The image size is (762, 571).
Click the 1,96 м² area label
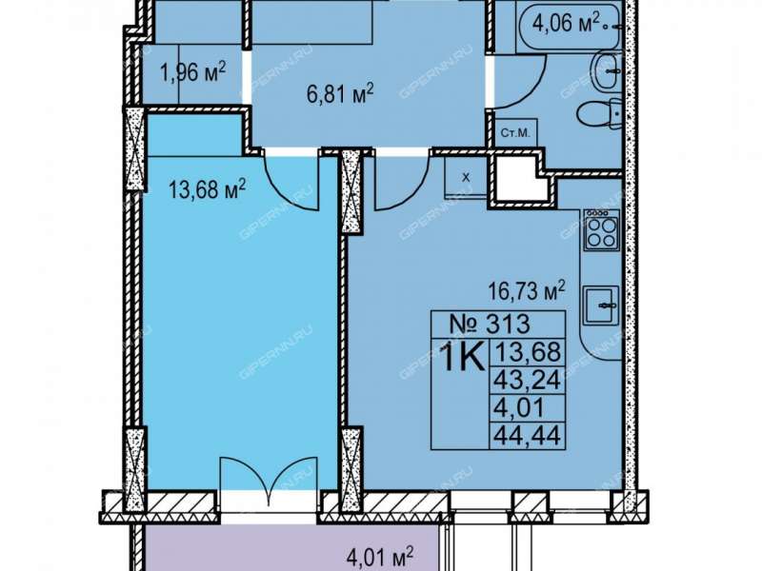pyautogui.click(x=193, y=73)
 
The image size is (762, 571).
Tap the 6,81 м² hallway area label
pyautogui.click(x=340, y=93)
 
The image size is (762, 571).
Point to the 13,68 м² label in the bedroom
pyautogui.click(x=207, y=188)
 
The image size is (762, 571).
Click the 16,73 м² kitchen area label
pyautogui.click(x=527, y=290)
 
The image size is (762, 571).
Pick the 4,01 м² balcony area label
pyautogui.click(x=380, y=557)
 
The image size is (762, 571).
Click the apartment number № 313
pyautogui.click(x=490, y=324)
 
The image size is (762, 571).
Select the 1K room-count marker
pyautogui.click(x=462, y=358)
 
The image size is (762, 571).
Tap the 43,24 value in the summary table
pyautogui.click(x=528, y=379)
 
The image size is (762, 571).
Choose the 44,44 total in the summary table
pyautogui.click(x=528, y=435)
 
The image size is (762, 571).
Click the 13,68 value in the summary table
pyautogui.click(x=528, y=351)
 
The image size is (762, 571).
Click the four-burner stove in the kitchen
pyautogui.click(x=602, y=229)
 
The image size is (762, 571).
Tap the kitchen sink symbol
pyautogui.click(x=602, y=305)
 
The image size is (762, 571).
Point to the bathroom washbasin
pyautogui.click(x=608, y=71)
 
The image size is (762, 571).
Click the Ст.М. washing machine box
pyautogui.click(x=515, y=132)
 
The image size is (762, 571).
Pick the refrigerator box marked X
pyautogui.click(x=466, y=177)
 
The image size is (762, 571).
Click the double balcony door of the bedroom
pyautogui.click(x=269, y=474)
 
